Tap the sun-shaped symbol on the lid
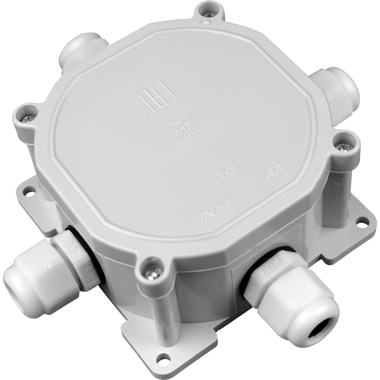pos(183,127)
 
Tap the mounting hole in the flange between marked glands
pos(163,358)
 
